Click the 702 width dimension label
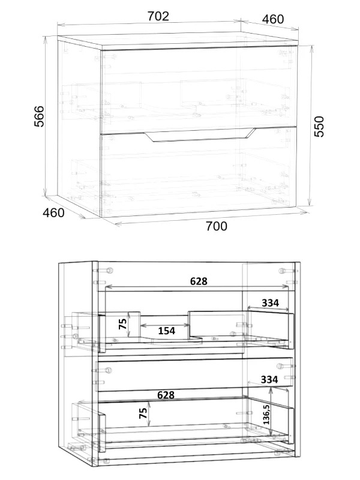click(x=158, y=16)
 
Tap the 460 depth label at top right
click(x=273, y=19)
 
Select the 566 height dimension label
click(x=39, y=116)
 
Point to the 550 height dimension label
click(x=319, y=127)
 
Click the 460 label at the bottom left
click(x=53, y=212)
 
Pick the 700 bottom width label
click(x=217, y=226)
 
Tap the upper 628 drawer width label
click(x=199, y=281)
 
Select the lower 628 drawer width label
click(x=166, y=395)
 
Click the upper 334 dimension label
click(x=271, y=303)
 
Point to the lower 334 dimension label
click(x=269, y=380)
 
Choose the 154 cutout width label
click(x=167, y=331)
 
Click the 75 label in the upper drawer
click(x=122, y=323)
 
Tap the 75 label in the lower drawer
click(x=143, y=413)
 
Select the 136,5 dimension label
click(x=266, y=414)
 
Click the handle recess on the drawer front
click(x=200, y=136)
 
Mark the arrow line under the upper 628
click(x=197, y=287)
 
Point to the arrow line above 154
click(x=164, y=325)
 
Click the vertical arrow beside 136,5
click(x=271, y=410)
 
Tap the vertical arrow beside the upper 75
click(x=130, y=324)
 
